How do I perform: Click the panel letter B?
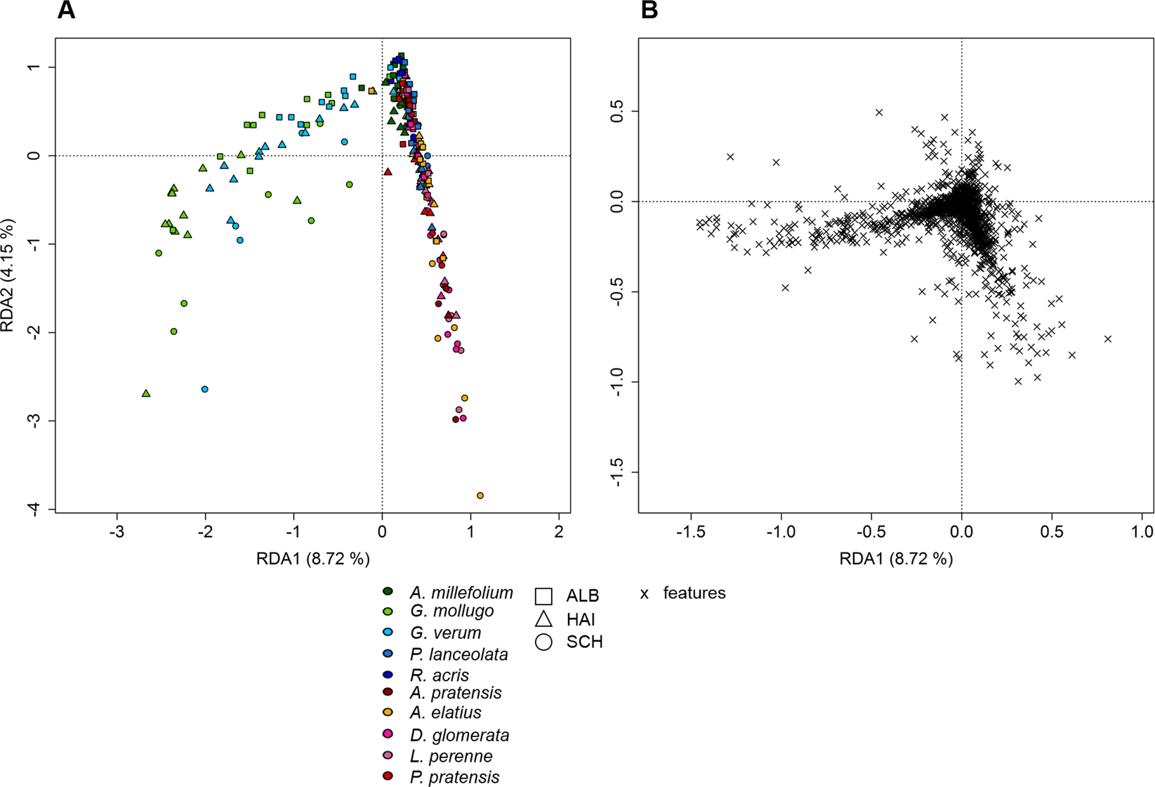(649, 11)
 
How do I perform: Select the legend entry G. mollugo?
(451, 611)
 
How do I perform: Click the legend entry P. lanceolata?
(458, 655)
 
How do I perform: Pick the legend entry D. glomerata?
(459, 736)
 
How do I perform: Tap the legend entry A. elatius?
(445, 713)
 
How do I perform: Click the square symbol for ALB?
(543, 596)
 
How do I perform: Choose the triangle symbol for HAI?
(543, 619)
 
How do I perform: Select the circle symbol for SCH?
(543, 642)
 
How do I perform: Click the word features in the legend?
(694, 593)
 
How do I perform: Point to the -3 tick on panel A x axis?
(117, 531)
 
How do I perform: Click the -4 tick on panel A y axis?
(34, 509)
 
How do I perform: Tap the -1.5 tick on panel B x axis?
(691, 532)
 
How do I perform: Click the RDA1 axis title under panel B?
(896, 559)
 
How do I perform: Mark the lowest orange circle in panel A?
(480, 496)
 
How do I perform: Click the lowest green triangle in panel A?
(146, 394)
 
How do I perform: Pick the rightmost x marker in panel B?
(1108, 339)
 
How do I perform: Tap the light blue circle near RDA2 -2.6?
(205, 389)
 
